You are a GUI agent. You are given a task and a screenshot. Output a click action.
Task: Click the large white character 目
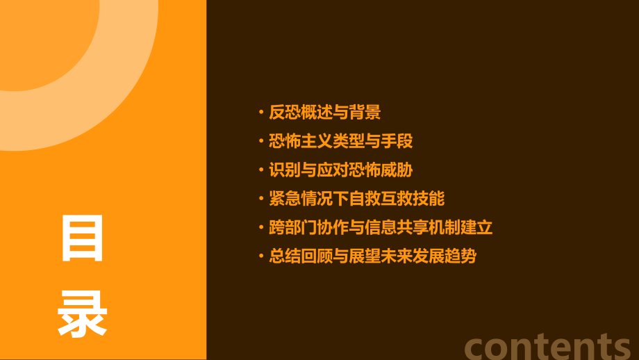(83, 238)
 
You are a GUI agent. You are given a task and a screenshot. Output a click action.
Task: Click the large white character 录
(83, 313)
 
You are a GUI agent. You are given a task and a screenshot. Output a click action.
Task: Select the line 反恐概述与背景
(324, 112)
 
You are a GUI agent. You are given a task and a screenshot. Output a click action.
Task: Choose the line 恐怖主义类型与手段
(340, 141)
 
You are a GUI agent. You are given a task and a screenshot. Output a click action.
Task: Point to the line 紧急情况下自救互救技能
(356, 199)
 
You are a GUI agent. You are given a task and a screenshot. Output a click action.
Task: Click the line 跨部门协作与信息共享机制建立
(381, 227)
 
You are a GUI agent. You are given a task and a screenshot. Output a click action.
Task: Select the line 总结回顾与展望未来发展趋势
(372, 256)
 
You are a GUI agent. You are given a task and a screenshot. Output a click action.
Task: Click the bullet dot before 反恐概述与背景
(260, 113)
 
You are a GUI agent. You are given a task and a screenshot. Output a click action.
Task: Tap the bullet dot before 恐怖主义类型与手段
(260, 142)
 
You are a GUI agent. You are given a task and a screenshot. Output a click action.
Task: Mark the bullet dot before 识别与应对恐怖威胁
(260, 170)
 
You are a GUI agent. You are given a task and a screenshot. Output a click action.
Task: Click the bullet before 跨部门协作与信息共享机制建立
(260, 228)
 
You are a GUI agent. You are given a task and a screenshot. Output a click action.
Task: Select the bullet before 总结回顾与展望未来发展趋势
(260, 256)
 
